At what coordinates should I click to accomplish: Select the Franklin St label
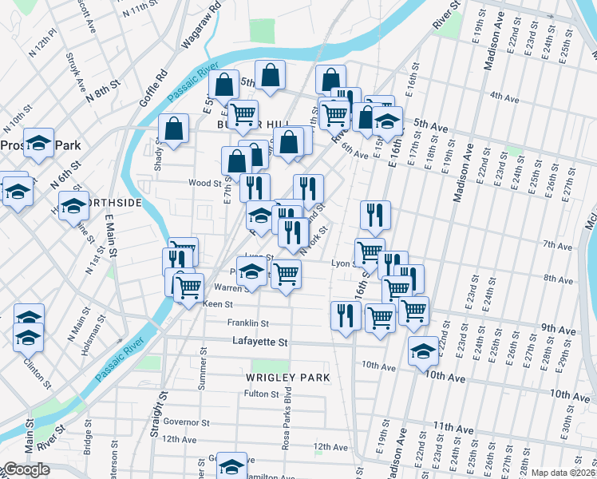[247, 323]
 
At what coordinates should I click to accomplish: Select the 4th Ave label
[504, 97]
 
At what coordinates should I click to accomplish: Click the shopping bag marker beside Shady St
[173, 128]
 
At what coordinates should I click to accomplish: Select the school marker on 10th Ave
[422, 350]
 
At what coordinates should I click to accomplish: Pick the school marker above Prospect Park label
[38, 141]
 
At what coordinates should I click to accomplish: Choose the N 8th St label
[105, 87]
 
